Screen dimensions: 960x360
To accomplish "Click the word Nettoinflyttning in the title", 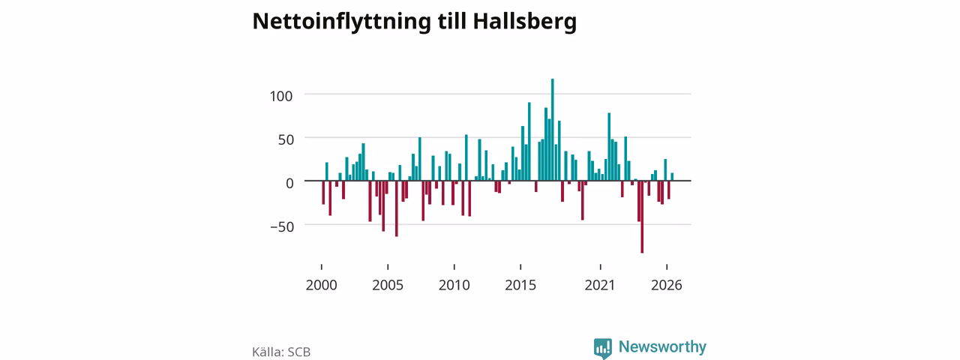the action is [342, 22].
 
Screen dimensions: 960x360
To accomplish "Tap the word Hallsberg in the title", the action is [524, 22].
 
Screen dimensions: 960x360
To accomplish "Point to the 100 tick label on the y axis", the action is [281, 96].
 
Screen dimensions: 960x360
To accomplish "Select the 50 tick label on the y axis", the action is [286, 139].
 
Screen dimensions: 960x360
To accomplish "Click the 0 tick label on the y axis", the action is [289, 184].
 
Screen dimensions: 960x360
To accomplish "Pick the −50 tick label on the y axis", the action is [282, 226].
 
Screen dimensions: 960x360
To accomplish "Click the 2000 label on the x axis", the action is [322, 285].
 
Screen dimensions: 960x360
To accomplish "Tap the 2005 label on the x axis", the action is [388, 285].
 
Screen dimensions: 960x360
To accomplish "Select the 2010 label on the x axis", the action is [454, 285].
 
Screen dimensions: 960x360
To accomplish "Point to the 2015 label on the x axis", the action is [520, 285].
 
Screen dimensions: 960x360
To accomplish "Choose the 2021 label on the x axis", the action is [600, 285].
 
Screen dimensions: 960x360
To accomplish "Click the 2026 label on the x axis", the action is [667, 285].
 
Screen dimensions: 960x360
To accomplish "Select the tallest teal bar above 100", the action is [553, 130].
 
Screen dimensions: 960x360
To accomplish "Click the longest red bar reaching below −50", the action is [642, 217].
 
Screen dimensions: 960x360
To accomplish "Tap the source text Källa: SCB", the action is [281, 352].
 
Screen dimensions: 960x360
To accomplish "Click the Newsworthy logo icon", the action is [603, 348].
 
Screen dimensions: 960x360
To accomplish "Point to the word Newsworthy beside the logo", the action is [662, 346].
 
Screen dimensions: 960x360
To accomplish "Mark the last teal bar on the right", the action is [672, 176].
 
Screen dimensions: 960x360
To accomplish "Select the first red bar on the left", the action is [323, 193].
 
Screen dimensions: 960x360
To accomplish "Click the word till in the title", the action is [452, 21].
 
